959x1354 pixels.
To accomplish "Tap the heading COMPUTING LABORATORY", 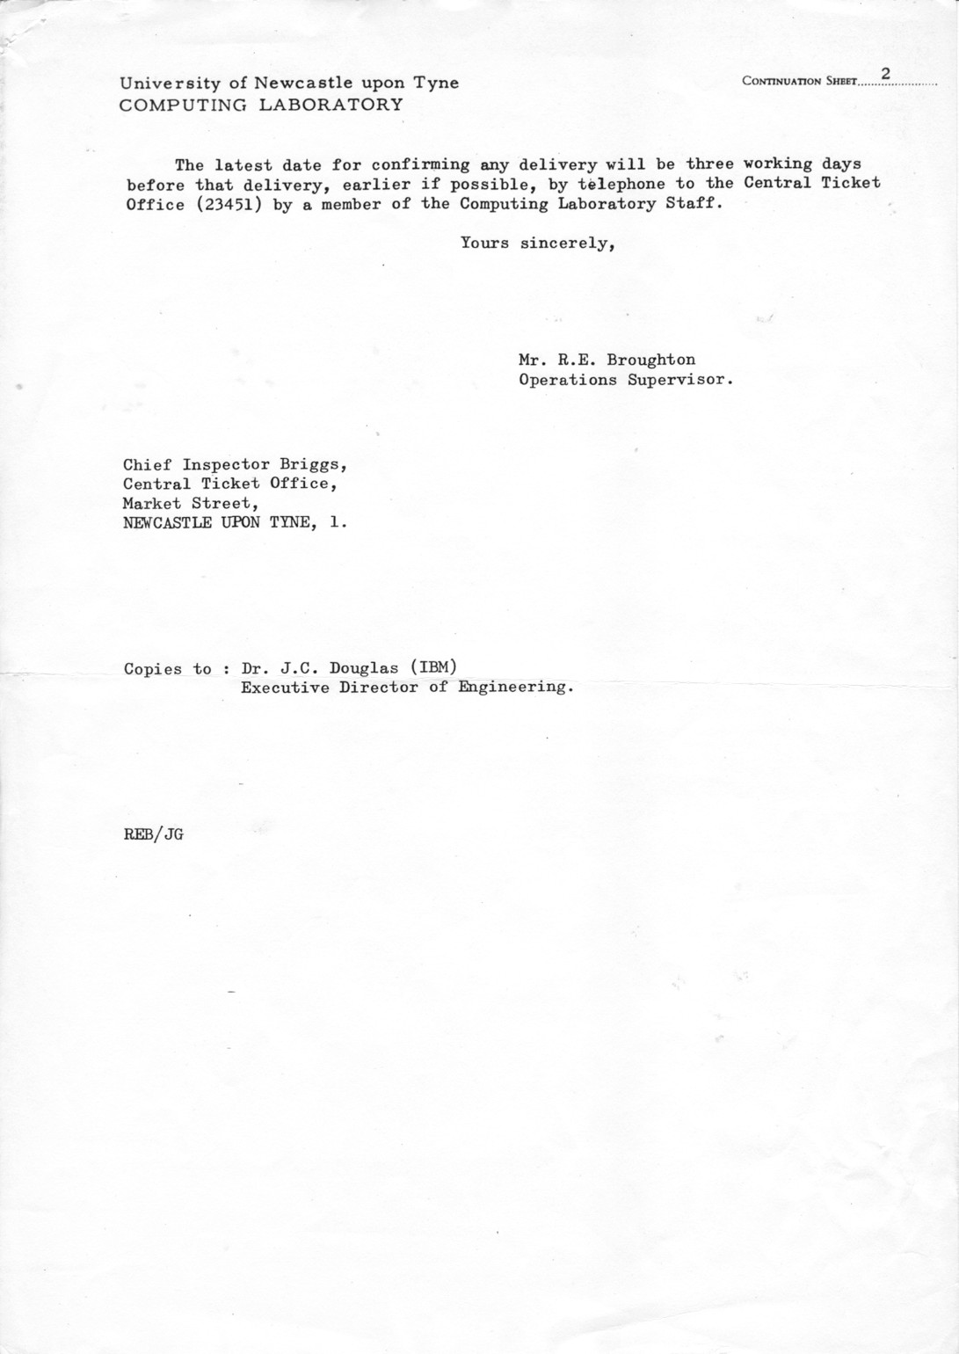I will (261, 105).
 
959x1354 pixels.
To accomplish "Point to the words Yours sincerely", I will (537, 244).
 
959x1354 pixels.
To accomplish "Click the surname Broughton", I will (650, 360).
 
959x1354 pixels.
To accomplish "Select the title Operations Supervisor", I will (625, 380).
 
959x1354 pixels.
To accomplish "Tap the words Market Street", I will (191, 504).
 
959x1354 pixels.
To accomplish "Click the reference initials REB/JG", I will (153, 835).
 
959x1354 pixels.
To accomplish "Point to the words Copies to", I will (168, 668).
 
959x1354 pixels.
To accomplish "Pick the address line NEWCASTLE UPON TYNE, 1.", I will (235, 523).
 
